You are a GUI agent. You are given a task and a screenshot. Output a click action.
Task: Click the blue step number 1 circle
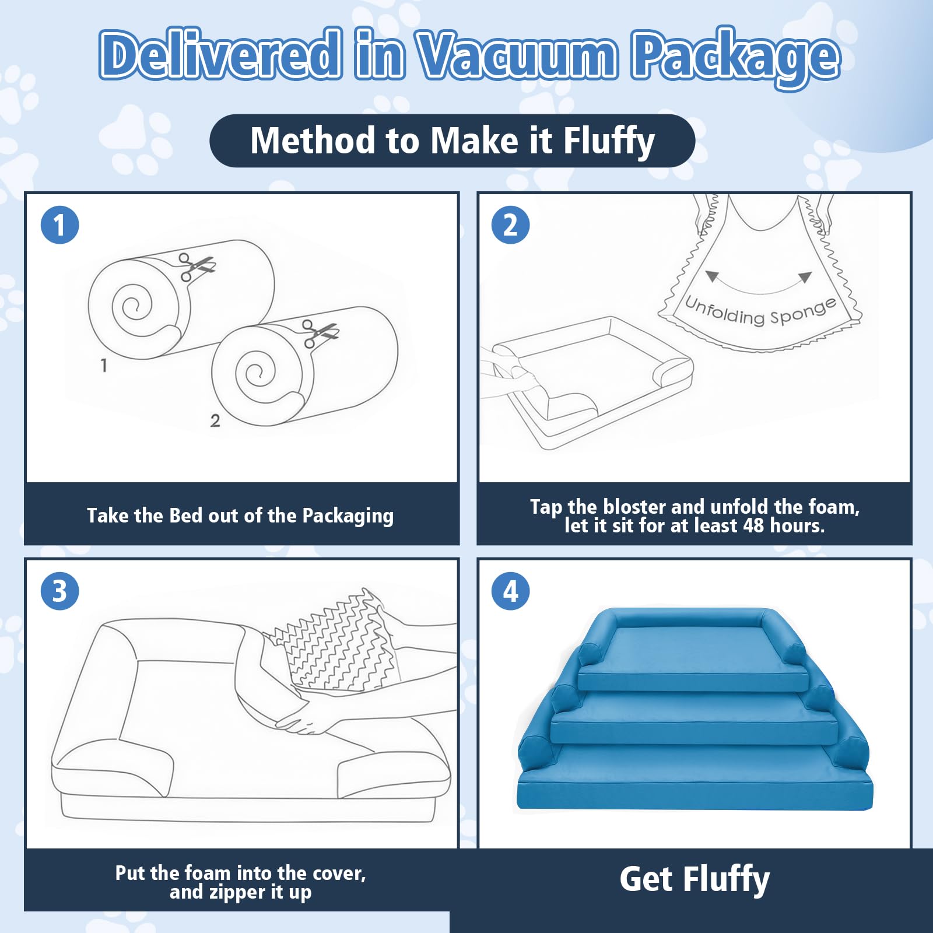coord(59,225)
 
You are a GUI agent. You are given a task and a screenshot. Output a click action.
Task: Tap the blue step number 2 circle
coord(510,225)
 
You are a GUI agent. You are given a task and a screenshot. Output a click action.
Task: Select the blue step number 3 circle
coord(59,591)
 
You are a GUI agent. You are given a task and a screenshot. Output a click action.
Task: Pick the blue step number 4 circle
coord(510,591)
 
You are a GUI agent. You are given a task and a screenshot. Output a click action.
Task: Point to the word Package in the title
coord(736,58)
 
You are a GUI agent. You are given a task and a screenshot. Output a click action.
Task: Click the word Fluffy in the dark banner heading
coord(609,142)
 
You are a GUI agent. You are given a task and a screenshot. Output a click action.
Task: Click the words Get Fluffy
coord(695,879)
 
